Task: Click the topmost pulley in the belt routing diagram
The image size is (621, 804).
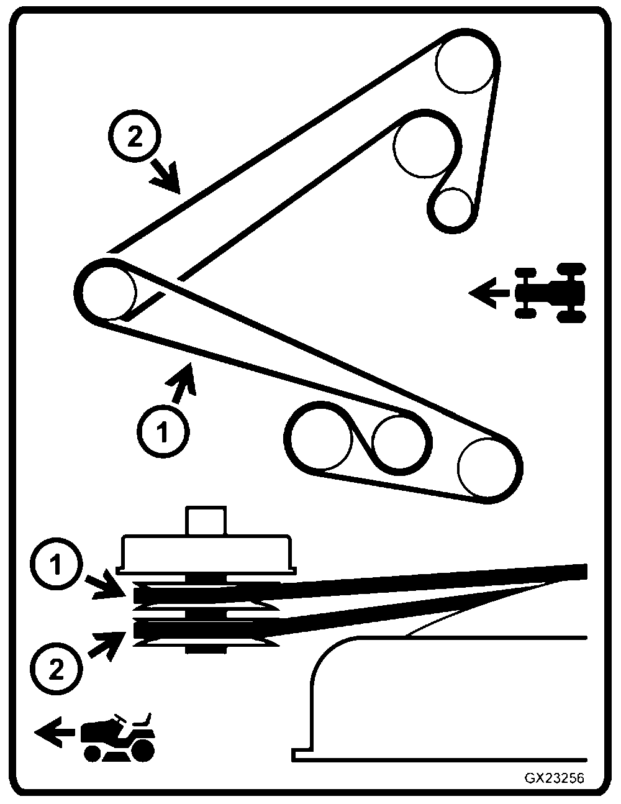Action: [466, 63]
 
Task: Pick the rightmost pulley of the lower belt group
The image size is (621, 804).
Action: [488, 468]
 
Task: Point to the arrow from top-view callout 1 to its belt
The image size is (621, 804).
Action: [183, 380]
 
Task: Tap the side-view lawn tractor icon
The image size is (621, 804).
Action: [118, 737]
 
